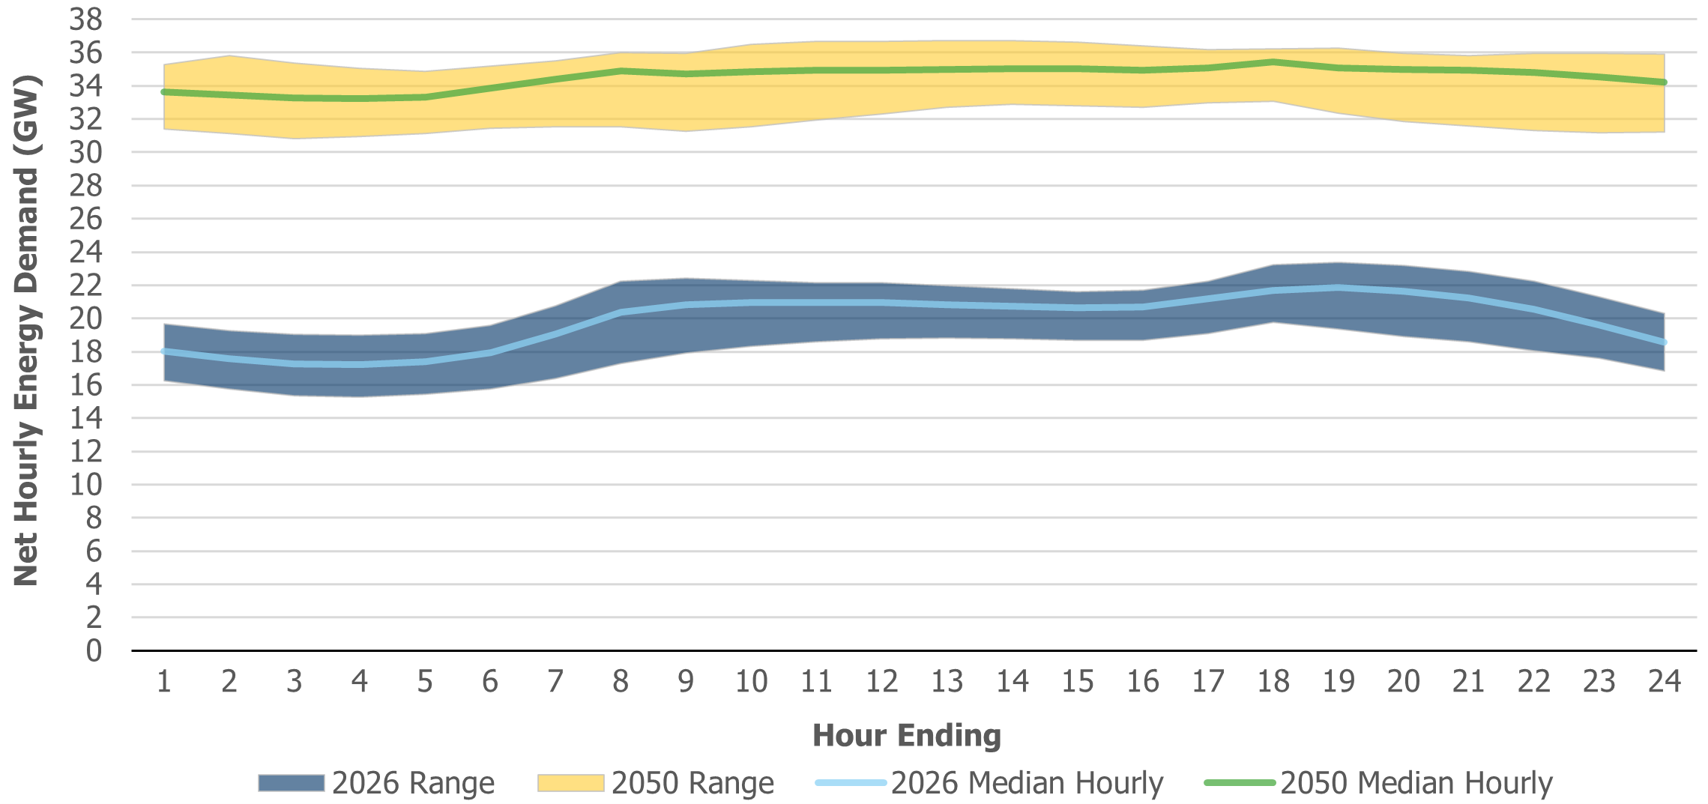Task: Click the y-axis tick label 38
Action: click(x=85, y=19)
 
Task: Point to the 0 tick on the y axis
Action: click(x=94, y=650)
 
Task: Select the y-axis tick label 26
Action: click(x=85, y=219)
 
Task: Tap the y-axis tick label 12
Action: click(x=85, y=451)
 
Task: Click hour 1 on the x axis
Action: click(x=164, y=681)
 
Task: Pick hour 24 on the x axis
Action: click(x=1664, y=681)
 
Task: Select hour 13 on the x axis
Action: click(x=947, y=681)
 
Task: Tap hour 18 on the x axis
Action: click(x=1273, y=681)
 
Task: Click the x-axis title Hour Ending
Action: click(x=906, y=735)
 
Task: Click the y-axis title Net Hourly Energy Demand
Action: click(x=26, y=330)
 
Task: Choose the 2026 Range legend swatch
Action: click(x=291, y=783)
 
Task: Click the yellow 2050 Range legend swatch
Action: click(x=570, y=783)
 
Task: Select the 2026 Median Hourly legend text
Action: click(x=1027, y=783)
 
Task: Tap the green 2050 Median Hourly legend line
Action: click(x=1240, y=783)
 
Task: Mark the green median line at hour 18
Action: click(x=1273, y=62)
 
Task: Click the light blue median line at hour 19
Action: click(x=1339, y=288)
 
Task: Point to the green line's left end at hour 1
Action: click(x=164, y=92)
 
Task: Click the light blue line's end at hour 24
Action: click(x=1664, y=342)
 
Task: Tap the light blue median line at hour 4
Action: click(x=360, y=364)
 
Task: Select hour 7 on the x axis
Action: click(x=555, y=681)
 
